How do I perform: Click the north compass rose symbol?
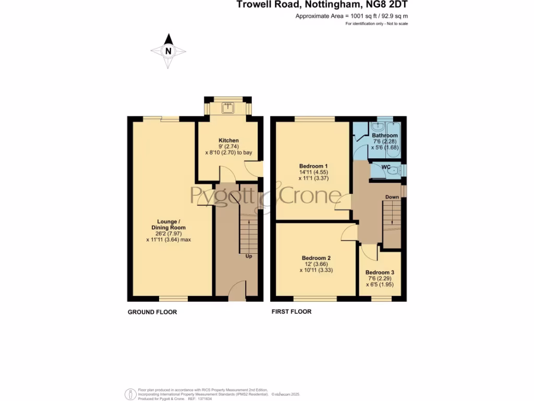pyautogui.click(x=168, y=51)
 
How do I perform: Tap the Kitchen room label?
pyautogui.click(x=228, y=140)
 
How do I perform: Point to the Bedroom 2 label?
pyautogui.click(x=316, y=258)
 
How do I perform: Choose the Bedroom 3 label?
pyautogui.click(x=380, y=273)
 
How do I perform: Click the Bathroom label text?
pyautogui.click(x=385, y=136)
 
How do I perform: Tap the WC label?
pyautogui.click(x=386, y=167)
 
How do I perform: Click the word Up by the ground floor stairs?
pyautogui.click(x=249, y=256)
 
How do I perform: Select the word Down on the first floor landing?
pyautogui.click(x=392, y=197)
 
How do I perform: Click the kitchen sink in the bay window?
pyautogui.click(x=228, y=108)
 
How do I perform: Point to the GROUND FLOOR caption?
pyautogui.click(x=152, y=312)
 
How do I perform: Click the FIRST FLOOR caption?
pyautogui.click(x=291, y=312)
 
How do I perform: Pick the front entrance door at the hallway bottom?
pyautogui.click(x=237, y=290)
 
